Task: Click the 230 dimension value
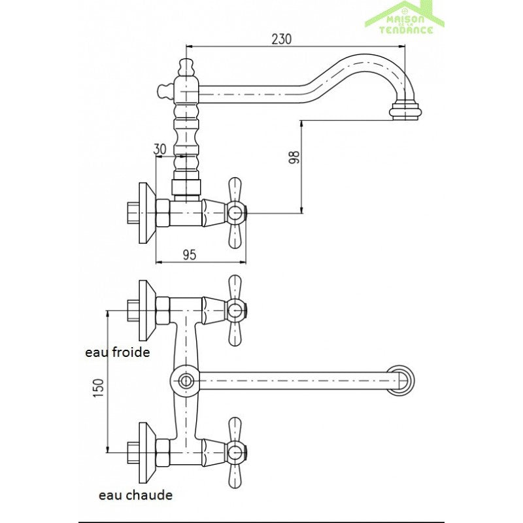pos(280,39)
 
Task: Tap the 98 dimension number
pos(294,157)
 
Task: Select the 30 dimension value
pos(160,148)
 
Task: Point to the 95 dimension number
pos(190,254)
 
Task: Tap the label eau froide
pos(118,352)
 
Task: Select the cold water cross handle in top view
pos(235,310)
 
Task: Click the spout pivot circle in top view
pos(185,380)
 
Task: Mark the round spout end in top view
pos(402,380)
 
